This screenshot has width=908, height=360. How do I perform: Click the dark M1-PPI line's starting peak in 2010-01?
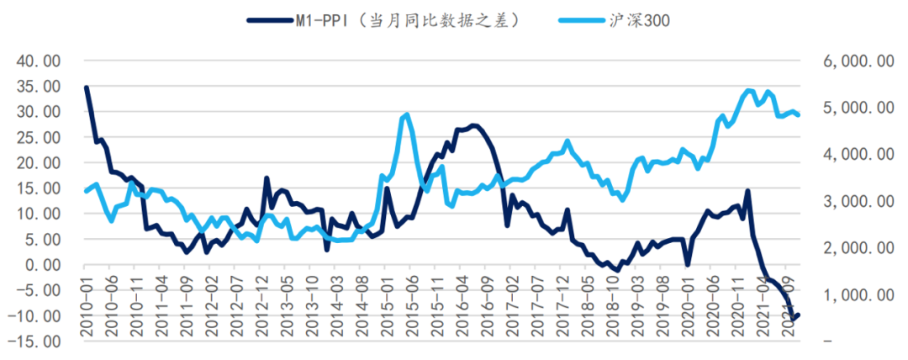(x=87, y=87)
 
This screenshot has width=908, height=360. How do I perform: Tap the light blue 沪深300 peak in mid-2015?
(x=407, y=114)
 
